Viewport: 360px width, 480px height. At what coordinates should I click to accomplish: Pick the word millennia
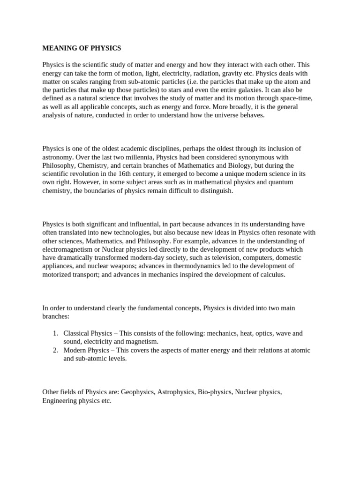[139, 157]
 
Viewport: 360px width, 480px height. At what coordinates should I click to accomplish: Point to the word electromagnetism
[71, 249]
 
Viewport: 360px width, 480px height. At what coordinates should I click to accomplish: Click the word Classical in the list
[77, 333]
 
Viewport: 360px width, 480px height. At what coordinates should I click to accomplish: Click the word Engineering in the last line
[60, 401]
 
